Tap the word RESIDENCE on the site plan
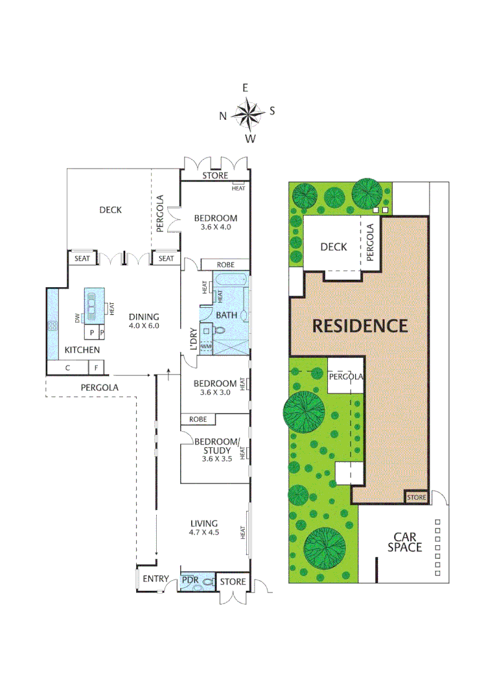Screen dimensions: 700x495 click(x=360, y=325)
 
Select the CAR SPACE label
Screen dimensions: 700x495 click(x=405, y=542)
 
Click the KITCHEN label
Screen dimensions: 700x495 click(x=82, y=350)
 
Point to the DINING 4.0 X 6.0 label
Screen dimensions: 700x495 click(x=143, y=321)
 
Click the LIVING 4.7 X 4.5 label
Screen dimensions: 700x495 click(x=203, y=528)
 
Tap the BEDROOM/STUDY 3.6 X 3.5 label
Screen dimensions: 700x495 click(x=216, y=450)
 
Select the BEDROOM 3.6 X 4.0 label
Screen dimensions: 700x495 click(x=216, y=222)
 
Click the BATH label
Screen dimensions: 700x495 click(x=226, y=315)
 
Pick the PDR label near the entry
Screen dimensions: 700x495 click(x=190, y=579)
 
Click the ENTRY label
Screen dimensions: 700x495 click(x=155, y=579)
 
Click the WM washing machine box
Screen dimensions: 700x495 click(x=207, y=347)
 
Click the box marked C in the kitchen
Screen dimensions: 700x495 click(x=67, y=368)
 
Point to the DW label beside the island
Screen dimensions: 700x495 click(x=77, y=318)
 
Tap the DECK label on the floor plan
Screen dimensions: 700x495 click(x=110, y=209)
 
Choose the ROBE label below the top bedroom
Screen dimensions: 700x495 click(x=225, y=264)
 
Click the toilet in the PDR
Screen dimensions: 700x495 click(x=207, y=583)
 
